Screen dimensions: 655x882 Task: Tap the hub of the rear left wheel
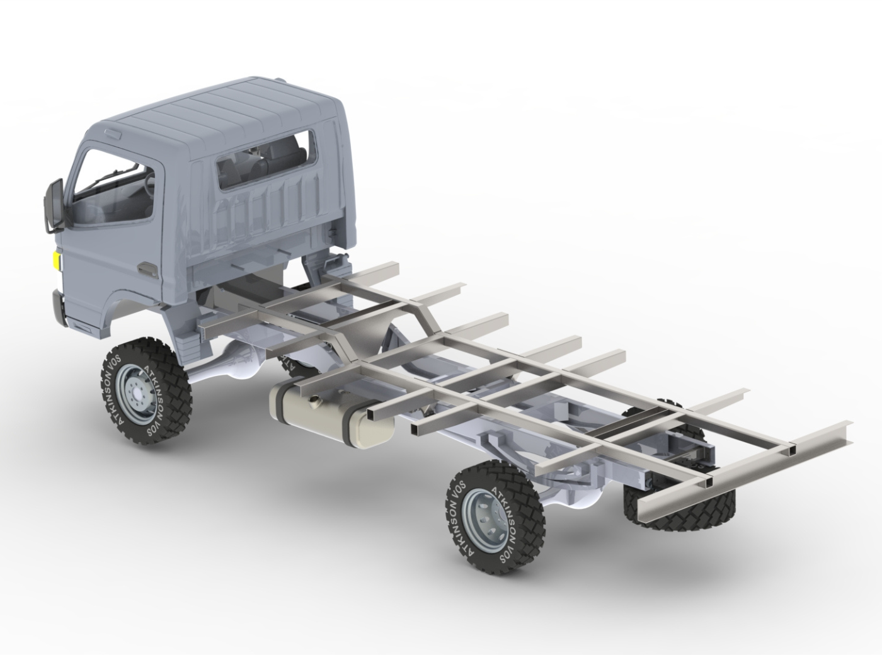point(486,516)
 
